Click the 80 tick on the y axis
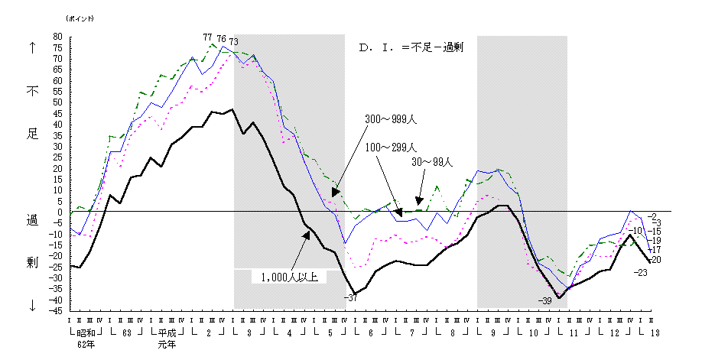57,37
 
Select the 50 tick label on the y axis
57,102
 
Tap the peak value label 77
207,37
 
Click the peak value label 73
233,41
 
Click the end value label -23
640,271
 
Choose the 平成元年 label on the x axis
166,339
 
